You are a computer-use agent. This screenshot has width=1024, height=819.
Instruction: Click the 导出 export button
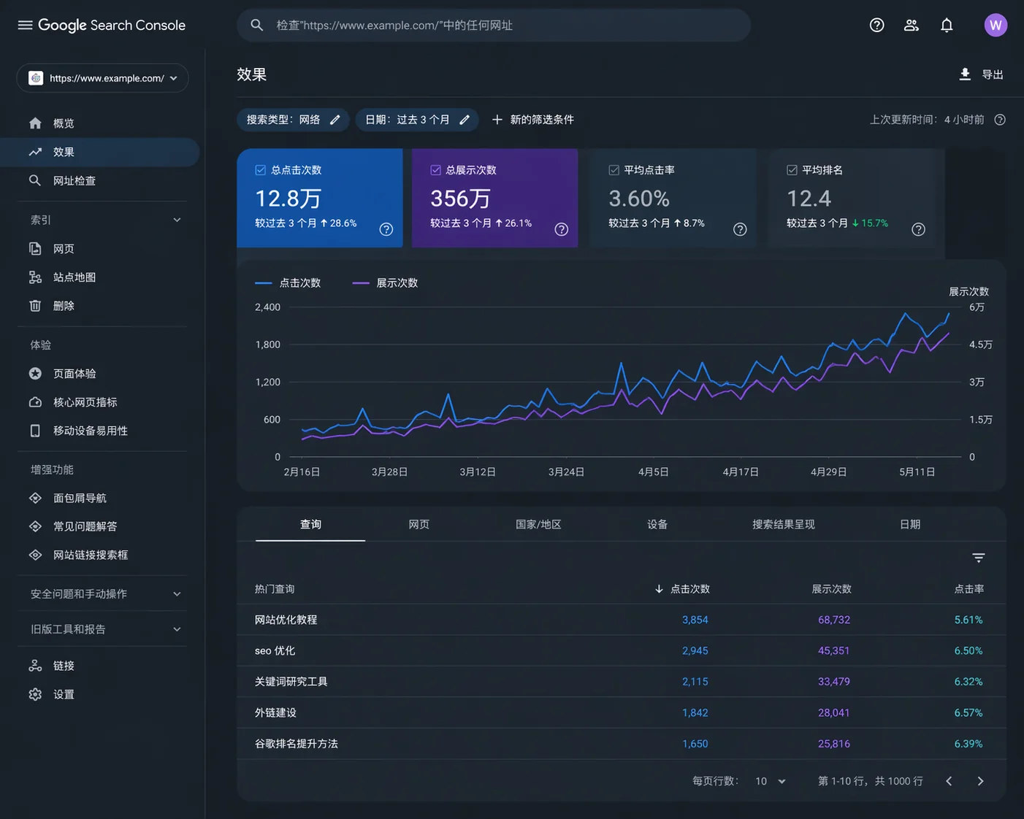pyautogui.click(x=981, y=74)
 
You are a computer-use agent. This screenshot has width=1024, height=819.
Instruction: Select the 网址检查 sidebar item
pyautogui.click(x=74, y=181)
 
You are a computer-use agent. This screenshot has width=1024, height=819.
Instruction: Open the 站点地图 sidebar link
pyautogui.click(x=74, y=277)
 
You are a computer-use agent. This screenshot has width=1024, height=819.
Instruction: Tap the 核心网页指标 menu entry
pyautogui.click(x=85, y=402)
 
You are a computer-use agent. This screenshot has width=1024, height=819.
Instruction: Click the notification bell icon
pyautogui.click(x=947, y=26)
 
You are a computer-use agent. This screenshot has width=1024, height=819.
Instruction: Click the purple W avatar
pyautogui.click(x=995, y=26)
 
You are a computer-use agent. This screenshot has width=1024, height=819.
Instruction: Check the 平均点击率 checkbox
pyautogui.click(x=614, y=170)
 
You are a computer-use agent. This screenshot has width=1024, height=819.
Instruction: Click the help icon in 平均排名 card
pyautogui.click(x=918, y=229)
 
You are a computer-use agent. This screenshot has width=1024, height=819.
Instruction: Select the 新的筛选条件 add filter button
pyautogui.click(x=533, y=120)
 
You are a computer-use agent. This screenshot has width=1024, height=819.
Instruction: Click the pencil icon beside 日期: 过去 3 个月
pyautogui.click(x=465, y=120)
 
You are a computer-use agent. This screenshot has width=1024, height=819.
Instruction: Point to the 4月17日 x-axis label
pyautogui.click(x=741, y=472)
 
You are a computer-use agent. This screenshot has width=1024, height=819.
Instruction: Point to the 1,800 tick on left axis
pyautogui.click(x=267, y=345)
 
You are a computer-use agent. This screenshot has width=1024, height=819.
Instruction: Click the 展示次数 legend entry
pyautogui.click(x=386, y=283)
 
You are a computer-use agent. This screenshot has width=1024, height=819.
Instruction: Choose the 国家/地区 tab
pyautogui.click(x=538, y=525)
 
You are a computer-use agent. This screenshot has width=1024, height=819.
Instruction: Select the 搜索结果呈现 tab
pyautogui.click(x=783, y=525)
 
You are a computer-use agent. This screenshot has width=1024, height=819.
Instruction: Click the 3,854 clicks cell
pyautogui.click(x=695, y=620)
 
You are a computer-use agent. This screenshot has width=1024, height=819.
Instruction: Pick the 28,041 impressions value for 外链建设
pyautogui.click(x=833, y=713)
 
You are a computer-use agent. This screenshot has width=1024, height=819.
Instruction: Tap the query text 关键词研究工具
pyautogui.click(x=291, y=682)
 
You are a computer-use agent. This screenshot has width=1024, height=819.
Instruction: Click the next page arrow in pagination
pyautogui.click(x=980, y=781)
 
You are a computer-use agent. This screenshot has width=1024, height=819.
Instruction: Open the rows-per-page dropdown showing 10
pyautogui.click(x=771, y=781)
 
